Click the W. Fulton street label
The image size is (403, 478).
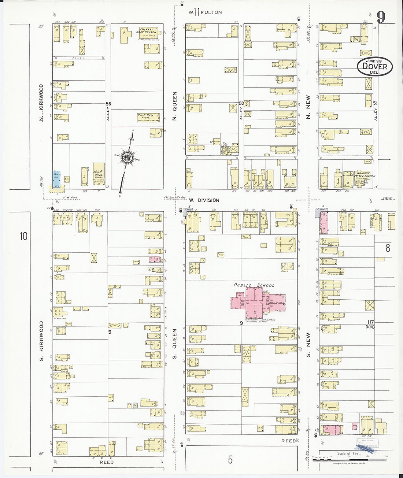pyautogui.click(x=205, y=12)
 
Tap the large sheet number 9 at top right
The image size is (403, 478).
pyautogui.click(x=381, y=17)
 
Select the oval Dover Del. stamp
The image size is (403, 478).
pyautogui.click(x=374, y=67)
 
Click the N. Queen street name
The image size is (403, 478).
pyautogui.click(x=175, y=106)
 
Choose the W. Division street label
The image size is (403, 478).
pyautogui.click(x=204, y=200)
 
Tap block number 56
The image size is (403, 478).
pyautogui.click(x=108, y=104)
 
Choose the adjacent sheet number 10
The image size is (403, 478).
pyautogui.click(x=23, y=236)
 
